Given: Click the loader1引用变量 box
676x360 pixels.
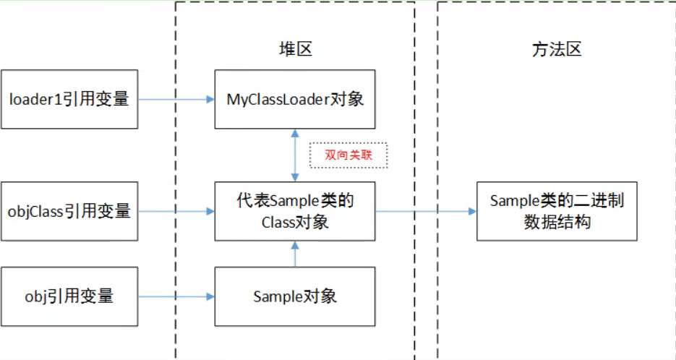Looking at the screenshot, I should click(69, 99).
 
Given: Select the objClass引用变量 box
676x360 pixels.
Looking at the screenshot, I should click(69, 211).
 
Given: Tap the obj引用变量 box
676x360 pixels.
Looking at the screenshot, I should click(69, 296).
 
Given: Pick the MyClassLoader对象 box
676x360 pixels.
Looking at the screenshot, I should click(295, 99).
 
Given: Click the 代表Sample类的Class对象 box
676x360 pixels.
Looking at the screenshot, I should click(295, 211).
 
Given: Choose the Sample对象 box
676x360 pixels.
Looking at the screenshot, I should click(295, 296).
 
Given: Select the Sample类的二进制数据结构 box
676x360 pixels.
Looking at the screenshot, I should click(557, 211).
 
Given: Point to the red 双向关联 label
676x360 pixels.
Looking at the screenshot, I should click(349, 155).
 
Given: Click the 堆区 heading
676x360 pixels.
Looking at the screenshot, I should click(295, 49).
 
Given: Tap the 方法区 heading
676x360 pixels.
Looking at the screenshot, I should click(557, 49).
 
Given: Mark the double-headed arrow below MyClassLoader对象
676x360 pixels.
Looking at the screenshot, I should click(294, 155).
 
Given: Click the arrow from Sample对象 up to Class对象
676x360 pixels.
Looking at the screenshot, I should click(294, 254).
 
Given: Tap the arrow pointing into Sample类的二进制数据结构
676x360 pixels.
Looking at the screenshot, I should click(426, 211).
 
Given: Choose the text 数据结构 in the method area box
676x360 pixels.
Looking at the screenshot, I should click(557, 221).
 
